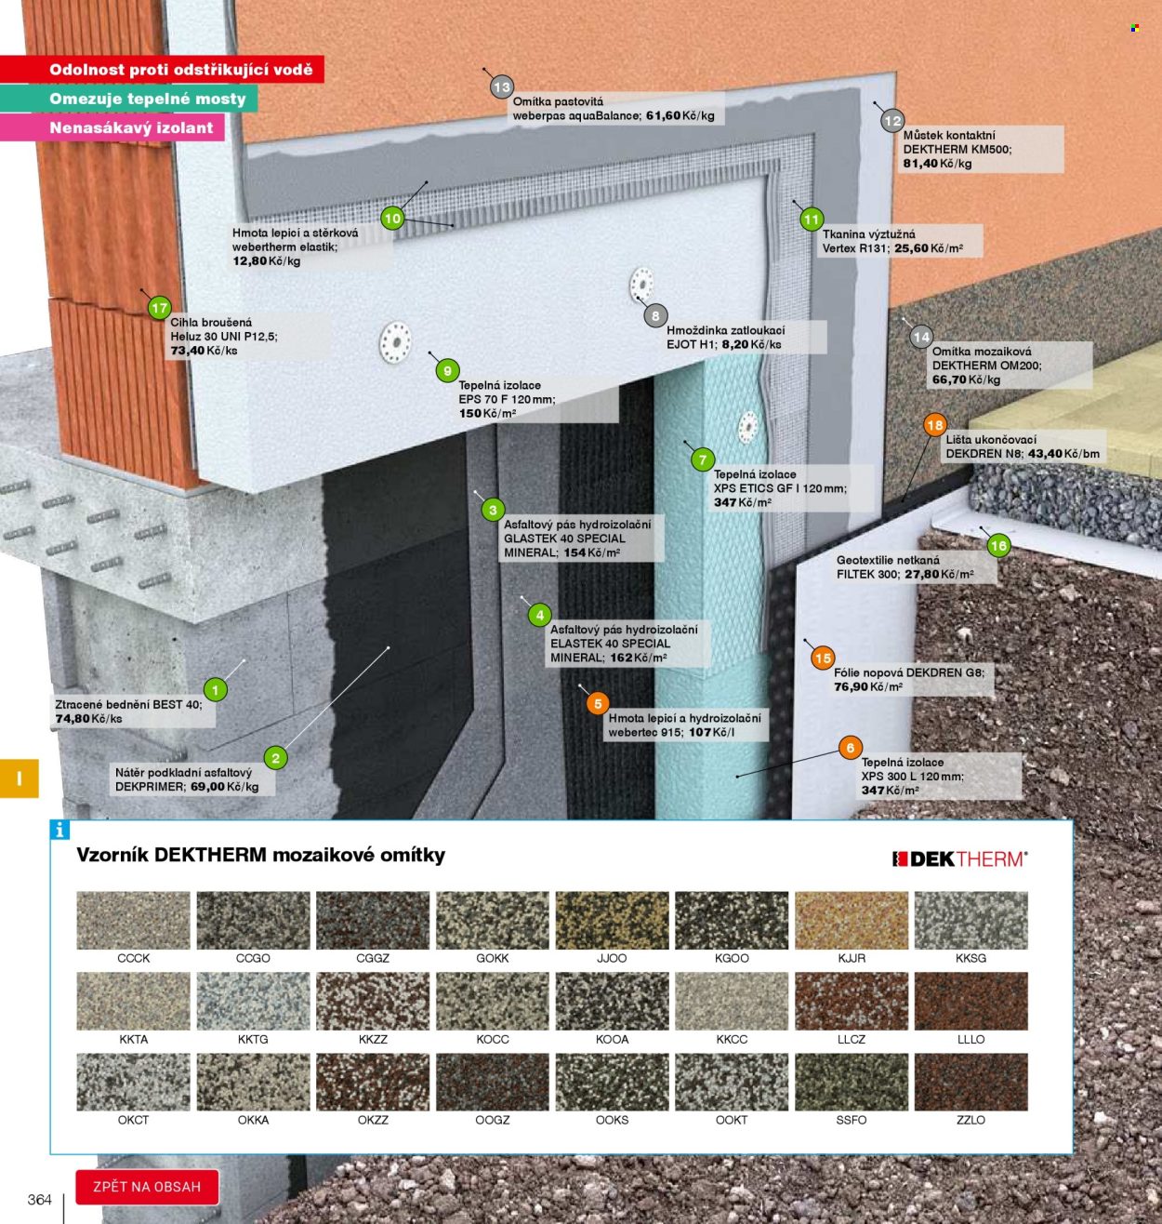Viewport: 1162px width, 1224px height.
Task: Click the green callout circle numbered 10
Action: (392, 219)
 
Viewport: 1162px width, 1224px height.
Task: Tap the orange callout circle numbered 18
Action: (934, 426)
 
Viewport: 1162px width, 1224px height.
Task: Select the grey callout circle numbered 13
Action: (502, 87)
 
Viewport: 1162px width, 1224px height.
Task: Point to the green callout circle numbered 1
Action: (216, 690)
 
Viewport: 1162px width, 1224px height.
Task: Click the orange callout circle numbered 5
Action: (598, 703)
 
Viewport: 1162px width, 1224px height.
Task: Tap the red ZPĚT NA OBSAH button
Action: (147, 1187)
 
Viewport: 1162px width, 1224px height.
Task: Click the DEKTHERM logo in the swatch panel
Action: (959, 859)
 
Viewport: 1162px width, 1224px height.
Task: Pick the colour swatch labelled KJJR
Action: (851, 920)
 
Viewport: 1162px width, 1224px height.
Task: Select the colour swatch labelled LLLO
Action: (971, 1001)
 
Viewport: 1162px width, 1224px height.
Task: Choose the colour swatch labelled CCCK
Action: (133, 920)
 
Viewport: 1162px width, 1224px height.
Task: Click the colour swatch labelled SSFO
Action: (851, 1082)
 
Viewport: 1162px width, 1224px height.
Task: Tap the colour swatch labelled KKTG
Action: (253, 1001)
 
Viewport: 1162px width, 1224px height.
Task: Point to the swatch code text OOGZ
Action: (493, 1120)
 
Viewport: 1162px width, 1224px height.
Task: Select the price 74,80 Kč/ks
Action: (88, 719)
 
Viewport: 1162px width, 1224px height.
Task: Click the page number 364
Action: (40, 1200)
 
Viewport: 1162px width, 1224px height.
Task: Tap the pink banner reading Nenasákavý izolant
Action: (112, 127)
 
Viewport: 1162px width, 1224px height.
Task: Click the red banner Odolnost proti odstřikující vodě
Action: (162, 69)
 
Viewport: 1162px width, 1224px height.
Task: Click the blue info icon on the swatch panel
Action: (59, 830)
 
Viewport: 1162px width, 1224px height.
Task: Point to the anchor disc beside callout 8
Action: (641, 285)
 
